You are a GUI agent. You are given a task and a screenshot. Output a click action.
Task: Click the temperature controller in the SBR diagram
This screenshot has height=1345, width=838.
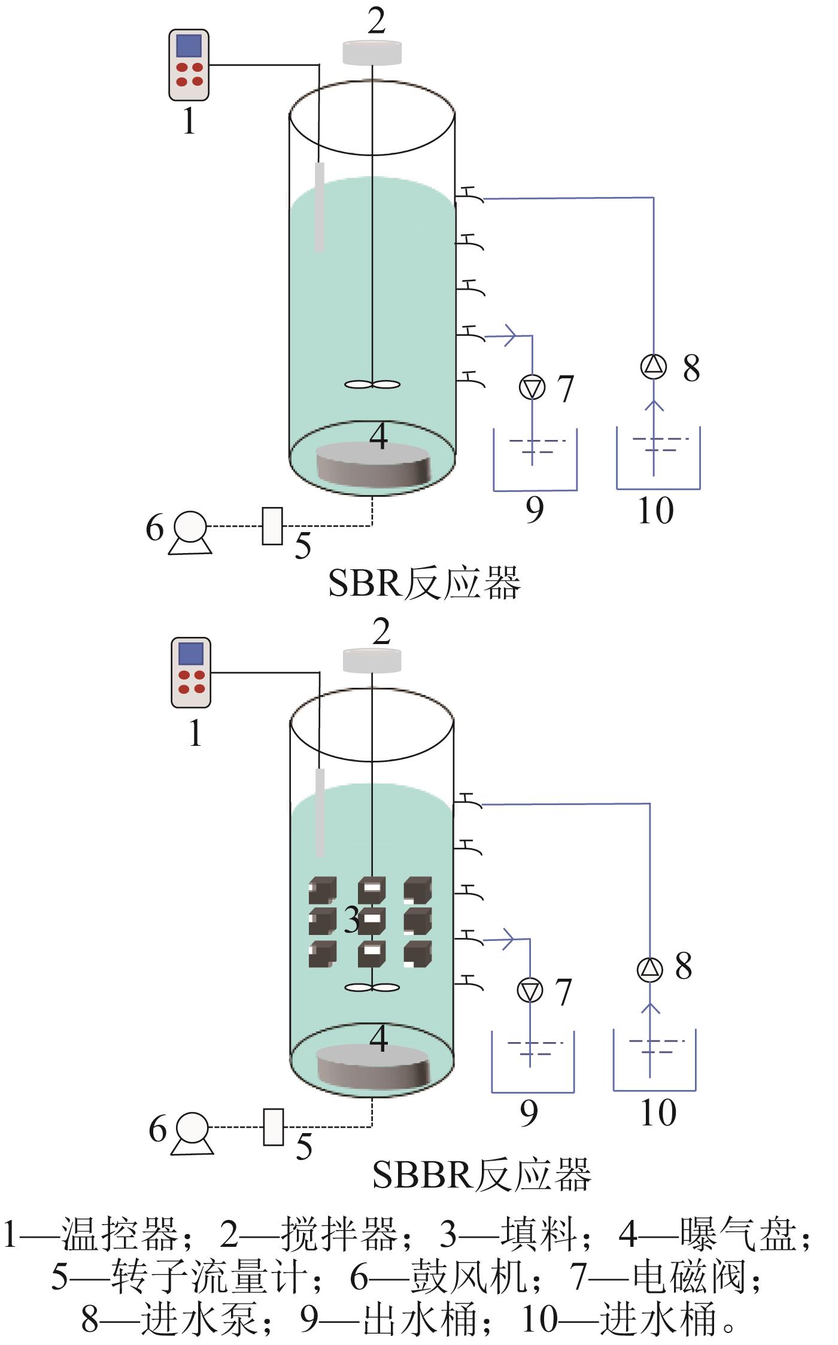pos(189,65)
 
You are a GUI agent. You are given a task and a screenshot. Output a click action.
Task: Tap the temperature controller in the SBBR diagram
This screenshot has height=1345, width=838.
pos(191,672)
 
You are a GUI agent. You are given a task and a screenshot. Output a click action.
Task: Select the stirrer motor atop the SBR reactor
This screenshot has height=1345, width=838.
pos(372,53)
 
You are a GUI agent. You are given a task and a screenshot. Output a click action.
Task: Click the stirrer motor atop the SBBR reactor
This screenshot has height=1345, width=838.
pos(372,660)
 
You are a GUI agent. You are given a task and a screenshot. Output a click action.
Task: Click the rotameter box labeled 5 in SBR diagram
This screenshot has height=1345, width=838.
pos(272,526)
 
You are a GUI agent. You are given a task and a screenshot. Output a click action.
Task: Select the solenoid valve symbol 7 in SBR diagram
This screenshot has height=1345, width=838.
pos(532,387)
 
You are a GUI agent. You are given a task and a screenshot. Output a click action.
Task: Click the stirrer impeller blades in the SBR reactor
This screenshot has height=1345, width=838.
pos(372,385)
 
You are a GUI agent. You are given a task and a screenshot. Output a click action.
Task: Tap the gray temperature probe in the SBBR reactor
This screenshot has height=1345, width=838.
pos(320,812)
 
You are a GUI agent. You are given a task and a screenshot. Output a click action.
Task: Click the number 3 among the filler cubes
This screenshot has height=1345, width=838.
pos(352,920)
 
